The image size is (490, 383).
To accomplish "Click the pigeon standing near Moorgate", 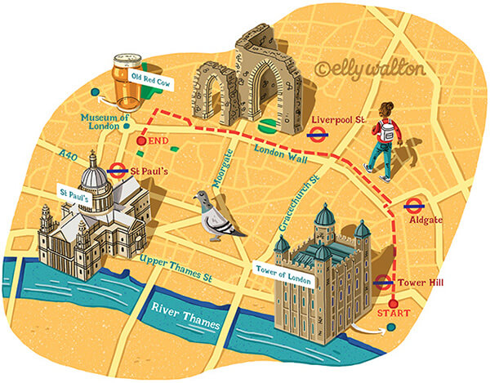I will click(217, 217).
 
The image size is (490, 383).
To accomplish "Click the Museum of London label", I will click(105, 121).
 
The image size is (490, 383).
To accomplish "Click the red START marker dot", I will click(394, 304).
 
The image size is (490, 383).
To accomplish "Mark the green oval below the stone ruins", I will click(268, 127).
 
